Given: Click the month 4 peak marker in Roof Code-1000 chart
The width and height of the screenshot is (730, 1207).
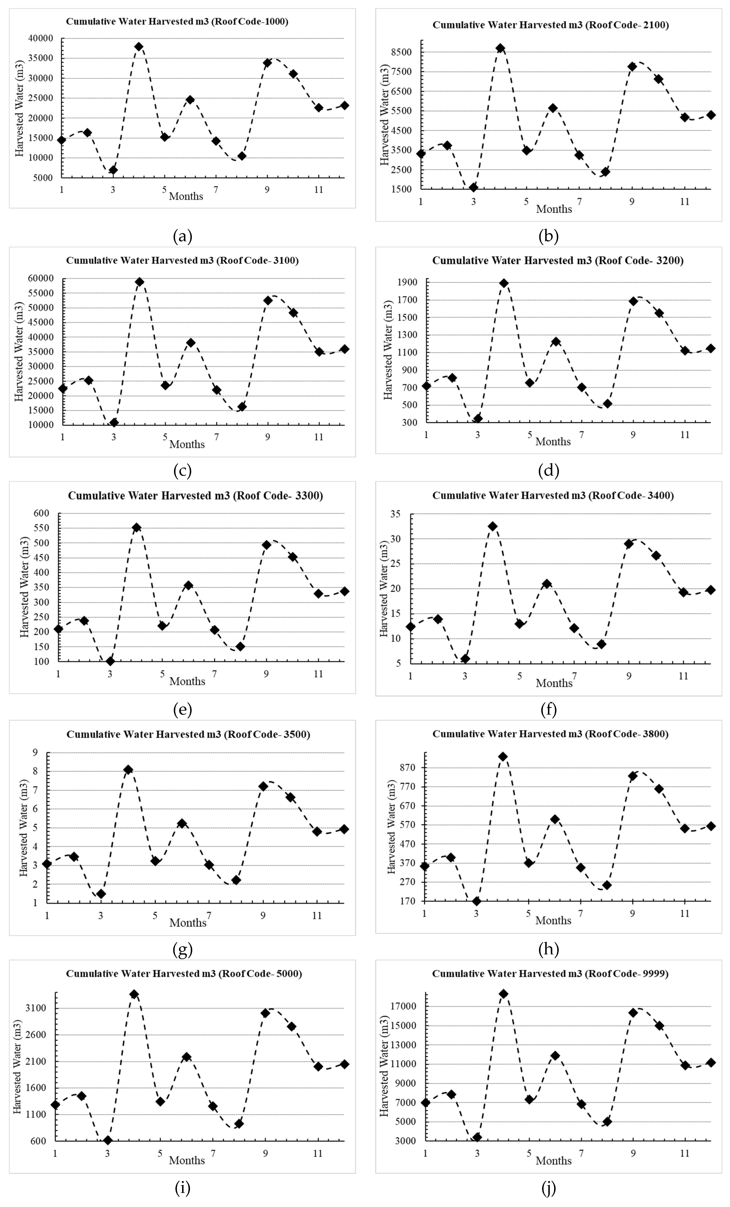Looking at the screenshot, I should click(139, 46).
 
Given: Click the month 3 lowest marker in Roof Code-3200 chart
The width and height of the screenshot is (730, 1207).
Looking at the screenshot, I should click(478, 418).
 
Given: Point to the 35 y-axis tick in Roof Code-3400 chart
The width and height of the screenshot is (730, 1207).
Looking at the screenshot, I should click(395, 514).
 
